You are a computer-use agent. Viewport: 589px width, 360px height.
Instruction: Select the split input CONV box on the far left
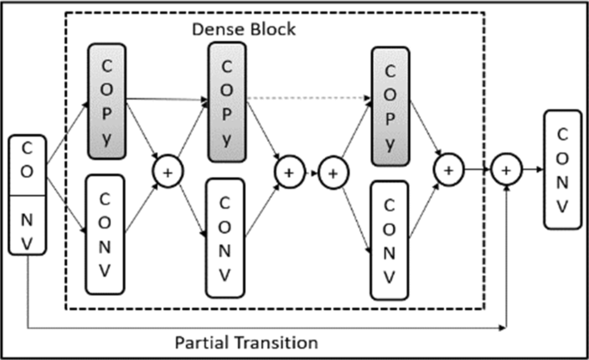[x=28, y=194]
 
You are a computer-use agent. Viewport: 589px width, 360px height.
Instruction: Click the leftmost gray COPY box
[x=107, y=100]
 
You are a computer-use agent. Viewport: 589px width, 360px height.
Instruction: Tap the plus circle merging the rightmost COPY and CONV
[x=448, y=170]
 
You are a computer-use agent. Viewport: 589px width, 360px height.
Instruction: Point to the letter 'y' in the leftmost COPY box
[x=107, y=137]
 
